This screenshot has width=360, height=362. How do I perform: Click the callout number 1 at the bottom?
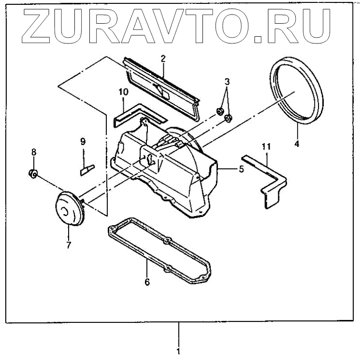click(178, 351)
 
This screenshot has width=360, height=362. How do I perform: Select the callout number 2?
click(163, 59)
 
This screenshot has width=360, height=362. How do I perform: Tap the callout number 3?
click(227, 81)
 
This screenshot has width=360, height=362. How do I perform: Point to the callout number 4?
click(297, 143)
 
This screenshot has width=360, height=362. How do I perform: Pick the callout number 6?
click(147, 281)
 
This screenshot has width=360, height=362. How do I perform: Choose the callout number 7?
click(69, 245)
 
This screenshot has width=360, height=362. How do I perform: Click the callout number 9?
click(83, 142)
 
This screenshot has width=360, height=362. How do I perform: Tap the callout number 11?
click(266, 146)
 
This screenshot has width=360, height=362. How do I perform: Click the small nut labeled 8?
click(32, 174)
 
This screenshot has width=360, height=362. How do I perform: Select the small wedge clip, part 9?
click(86, 169)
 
